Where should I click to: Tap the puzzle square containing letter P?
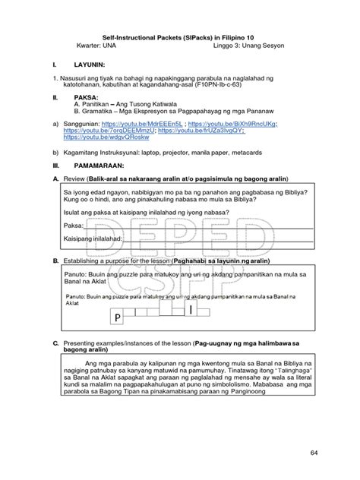[x=118, y=317]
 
